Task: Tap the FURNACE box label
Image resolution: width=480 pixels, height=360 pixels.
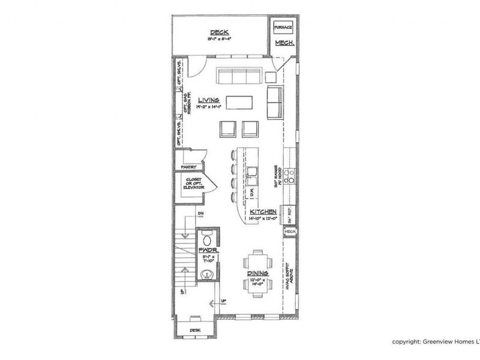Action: coord(283,28)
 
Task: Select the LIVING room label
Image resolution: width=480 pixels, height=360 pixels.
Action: coord(209,100)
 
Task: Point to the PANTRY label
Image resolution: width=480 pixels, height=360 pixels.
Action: coord(189,167)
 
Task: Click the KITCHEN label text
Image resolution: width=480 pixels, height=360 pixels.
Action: coord(263,212)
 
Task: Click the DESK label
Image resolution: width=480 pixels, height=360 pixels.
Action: coord(194,329)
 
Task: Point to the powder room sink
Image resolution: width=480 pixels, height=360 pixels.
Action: coord(207,275)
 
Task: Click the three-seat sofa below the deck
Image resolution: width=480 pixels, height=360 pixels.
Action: coord(238,76)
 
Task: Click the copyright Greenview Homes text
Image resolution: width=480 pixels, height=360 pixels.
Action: coord(436,341)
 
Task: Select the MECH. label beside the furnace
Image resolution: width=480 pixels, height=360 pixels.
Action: coord(283,44)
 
